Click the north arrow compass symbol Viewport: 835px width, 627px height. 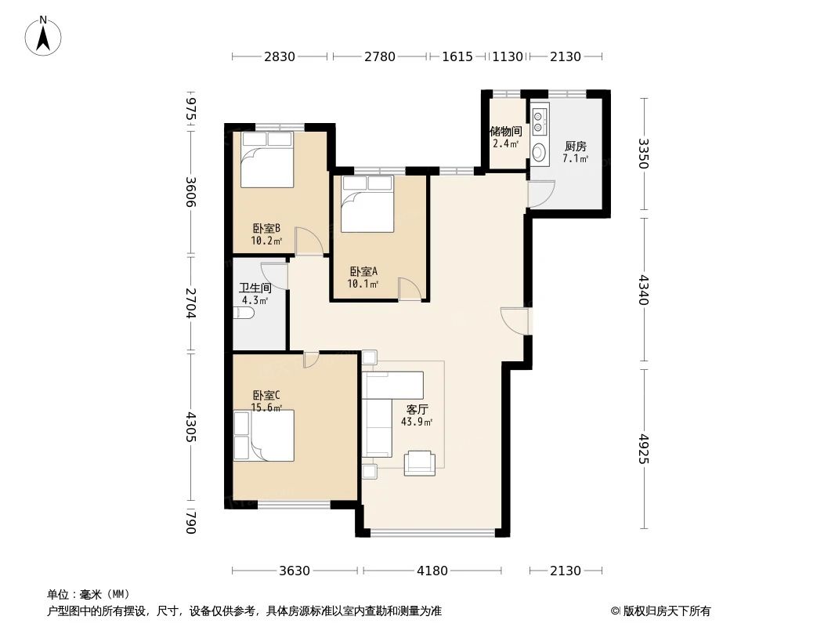(x=44, y=35)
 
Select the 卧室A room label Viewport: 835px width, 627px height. (x=363, y=271)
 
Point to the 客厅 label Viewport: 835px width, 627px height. (x=416, y=409)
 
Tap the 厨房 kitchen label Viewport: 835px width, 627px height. (x=575, y=146)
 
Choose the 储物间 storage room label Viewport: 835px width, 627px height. (x=505, y=132)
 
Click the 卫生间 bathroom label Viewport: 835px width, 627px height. (x=255, y=288)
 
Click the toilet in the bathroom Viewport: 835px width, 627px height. (x=244, y=314)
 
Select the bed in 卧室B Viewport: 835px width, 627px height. (x=266, y=160)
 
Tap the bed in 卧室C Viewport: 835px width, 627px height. (x=264, y=436)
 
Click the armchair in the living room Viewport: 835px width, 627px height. (x=420, y=462)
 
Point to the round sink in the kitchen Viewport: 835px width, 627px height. (x=540, y=151)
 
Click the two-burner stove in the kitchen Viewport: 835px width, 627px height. (x=539, y=121)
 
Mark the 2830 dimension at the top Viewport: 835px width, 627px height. (x=280, y=56)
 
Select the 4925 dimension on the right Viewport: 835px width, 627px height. (x=644, y=448)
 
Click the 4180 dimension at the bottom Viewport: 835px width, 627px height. (x=432, y=571)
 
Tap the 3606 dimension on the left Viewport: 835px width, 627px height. (x=190, y=192)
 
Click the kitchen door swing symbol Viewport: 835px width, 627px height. (x=540, y=194)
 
